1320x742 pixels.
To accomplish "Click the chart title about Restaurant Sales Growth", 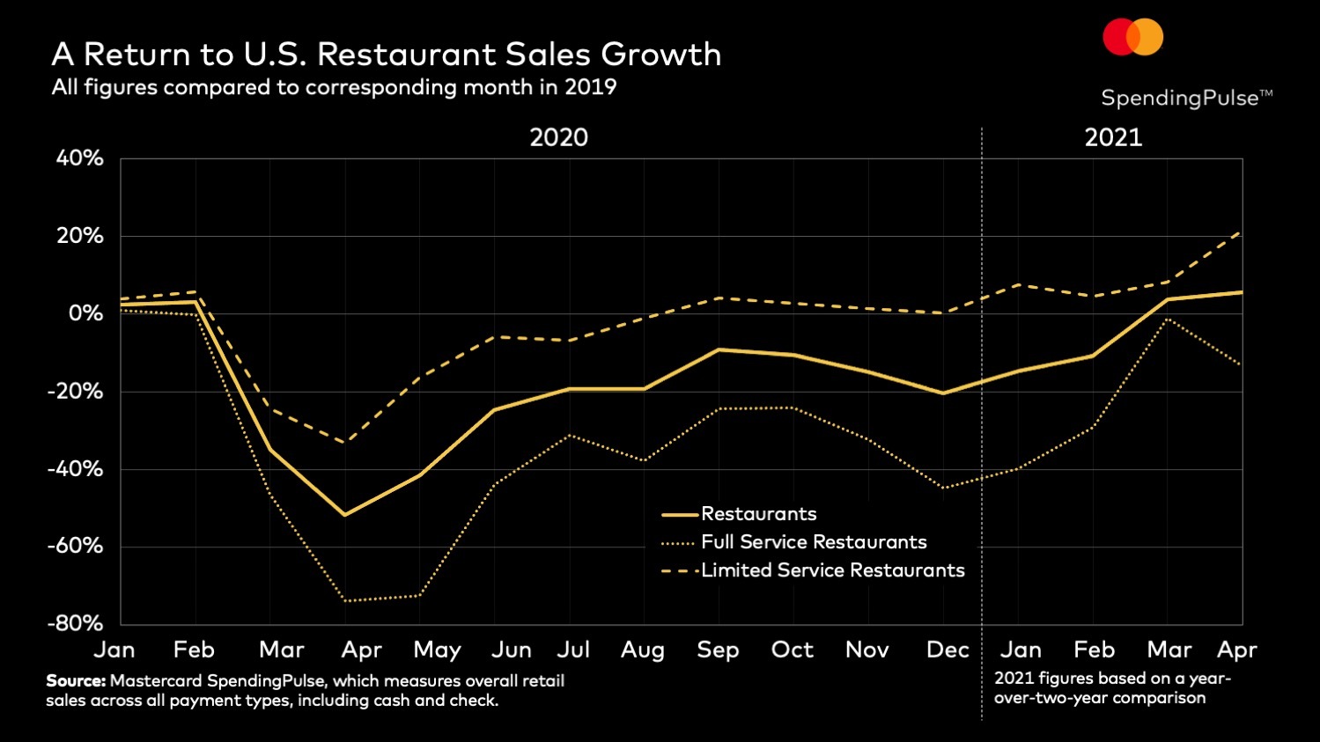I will pyautogui.click(x=386, y=55).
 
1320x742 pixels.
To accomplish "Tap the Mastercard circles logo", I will pyautogui.click(x=1133, y=37).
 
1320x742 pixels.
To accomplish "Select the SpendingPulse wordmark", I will pyautogui.click(x=1185, y=98).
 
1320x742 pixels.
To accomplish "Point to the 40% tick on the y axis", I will pyautogui.click(x=80, y=158).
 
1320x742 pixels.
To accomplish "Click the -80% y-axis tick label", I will pyautogui.click(x=75, y=623).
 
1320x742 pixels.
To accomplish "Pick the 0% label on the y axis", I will pyautogui.click(x=85, y=313).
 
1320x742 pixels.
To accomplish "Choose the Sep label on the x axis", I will pyautogui.click(x=718, y=650).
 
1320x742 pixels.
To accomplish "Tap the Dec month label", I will pyautogui.click(x=948, y=650).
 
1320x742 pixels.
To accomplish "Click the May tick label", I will pyautogui.click(x=437, y=650).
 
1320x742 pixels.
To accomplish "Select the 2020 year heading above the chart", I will pyautogui.click(x=558, y=137).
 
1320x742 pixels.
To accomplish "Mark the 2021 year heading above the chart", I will pyautogui.click(x=1113, y=137).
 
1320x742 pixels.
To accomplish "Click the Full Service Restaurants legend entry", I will pyautogui.click(x=813, y=542).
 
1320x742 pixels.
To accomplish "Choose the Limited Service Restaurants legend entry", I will pyautogui.click(x=832, y=570).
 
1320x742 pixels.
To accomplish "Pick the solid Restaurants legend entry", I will pyautogui.click(x=758, y=514).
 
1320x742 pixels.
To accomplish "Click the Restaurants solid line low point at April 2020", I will pyautogui.click(x=344, y=515).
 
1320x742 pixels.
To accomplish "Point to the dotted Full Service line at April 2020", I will pyautogui.click(x=344, y=601).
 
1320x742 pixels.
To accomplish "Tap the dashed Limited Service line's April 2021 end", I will pyautogui.click(x=1241, y=233).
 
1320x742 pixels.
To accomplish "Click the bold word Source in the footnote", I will pyautogui.click(x=75, y=680).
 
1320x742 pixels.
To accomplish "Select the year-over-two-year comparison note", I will pyautogui.click(x=1112, y=688).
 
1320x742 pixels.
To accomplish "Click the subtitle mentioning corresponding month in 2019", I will pyautogui.click(x=334, y=87).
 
